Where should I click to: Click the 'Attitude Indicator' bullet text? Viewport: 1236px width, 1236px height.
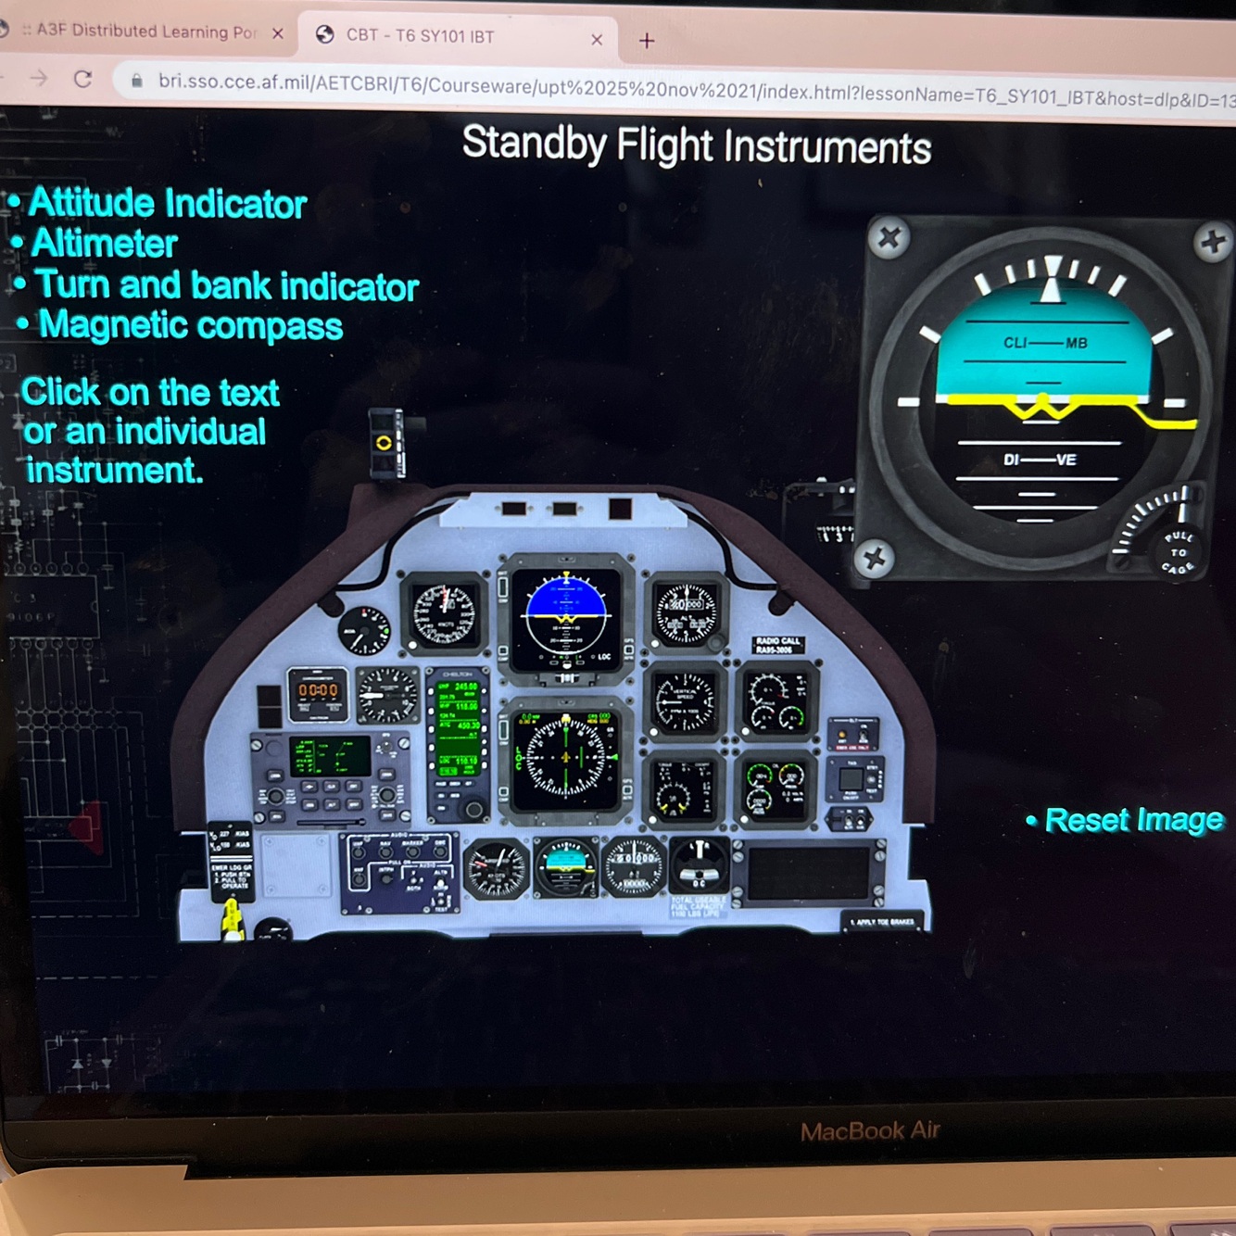pos(167,204)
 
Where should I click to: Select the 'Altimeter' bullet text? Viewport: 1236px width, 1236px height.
pos(104,244)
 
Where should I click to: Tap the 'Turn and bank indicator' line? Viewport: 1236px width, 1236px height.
pos(226,285)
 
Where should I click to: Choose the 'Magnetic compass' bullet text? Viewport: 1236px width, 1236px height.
pos(190,325)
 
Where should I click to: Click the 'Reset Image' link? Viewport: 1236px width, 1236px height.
pos(1133,820)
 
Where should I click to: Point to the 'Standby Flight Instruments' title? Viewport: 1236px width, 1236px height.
pos(696,145)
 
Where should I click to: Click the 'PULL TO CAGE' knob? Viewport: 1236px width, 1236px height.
pos(1176,551)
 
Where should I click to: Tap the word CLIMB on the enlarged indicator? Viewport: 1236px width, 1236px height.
pos(1045,343)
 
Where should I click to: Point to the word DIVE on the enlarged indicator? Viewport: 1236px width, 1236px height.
pos(1039,460)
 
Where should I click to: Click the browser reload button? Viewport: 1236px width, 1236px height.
pos(83,79)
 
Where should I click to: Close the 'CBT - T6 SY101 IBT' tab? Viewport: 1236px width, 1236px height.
pos(597,40)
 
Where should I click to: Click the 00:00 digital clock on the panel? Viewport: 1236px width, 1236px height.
pos(318,691)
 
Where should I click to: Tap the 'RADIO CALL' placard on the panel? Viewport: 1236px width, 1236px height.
pos(778,645)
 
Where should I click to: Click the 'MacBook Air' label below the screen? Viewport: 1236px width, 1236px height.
pos(869,1130)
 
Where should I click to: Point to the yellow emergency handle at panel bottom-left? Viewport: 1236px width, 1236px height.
pos(231,920)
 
